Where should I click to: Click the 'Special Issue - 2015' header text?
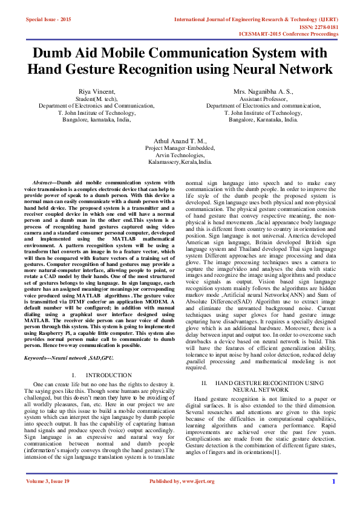[48, 19]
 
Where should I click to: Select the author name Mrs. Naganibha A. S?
[263, 91]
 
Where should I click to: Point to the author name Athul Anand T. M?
[180, 140]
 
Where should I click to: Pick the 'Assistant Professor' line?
[263, 99]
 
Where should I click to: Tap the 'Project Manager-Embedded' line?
[180, 148]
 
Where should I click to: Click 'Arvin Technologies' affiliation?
[180, 155]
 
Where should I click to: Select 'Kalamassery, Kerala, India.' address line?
[180, 162]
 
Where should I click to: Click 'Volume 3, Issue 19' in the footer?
[48, 498]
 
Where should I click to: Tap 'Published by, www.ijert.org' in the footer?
[180, 498]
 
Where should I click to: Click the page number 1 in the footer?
[333, 498]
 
